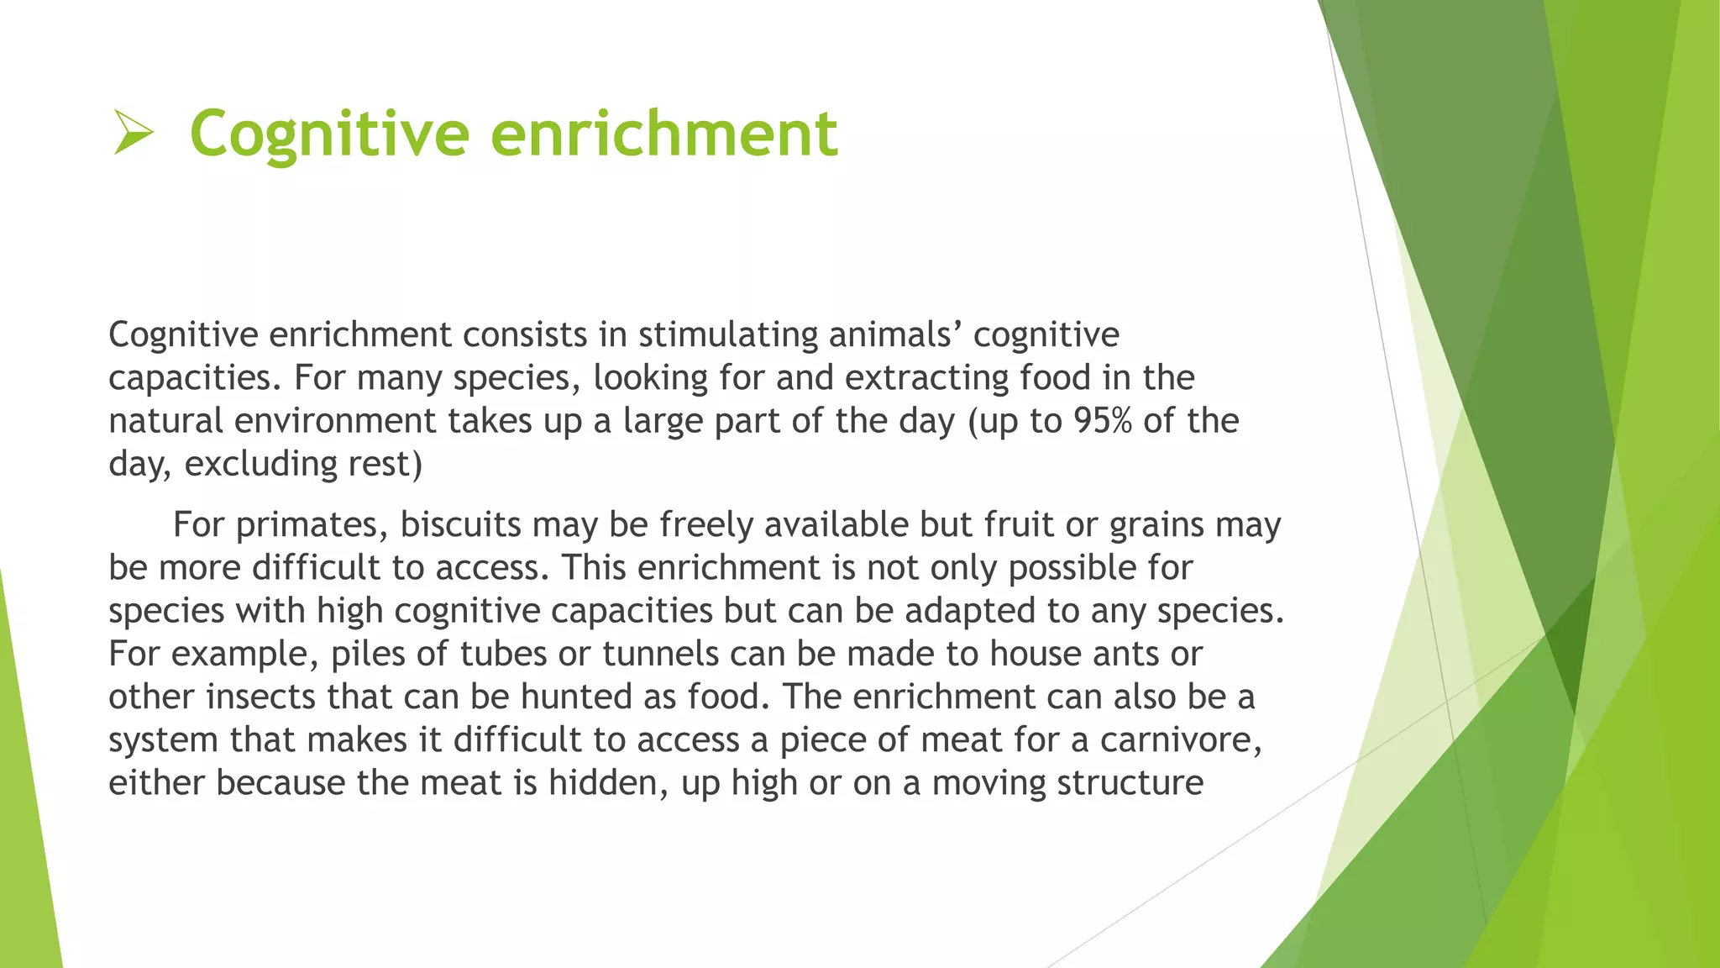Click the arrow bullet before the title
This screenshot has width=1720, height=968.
tap(133, 134)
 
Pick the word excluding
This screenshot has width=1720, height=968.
tap(249, 464)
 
